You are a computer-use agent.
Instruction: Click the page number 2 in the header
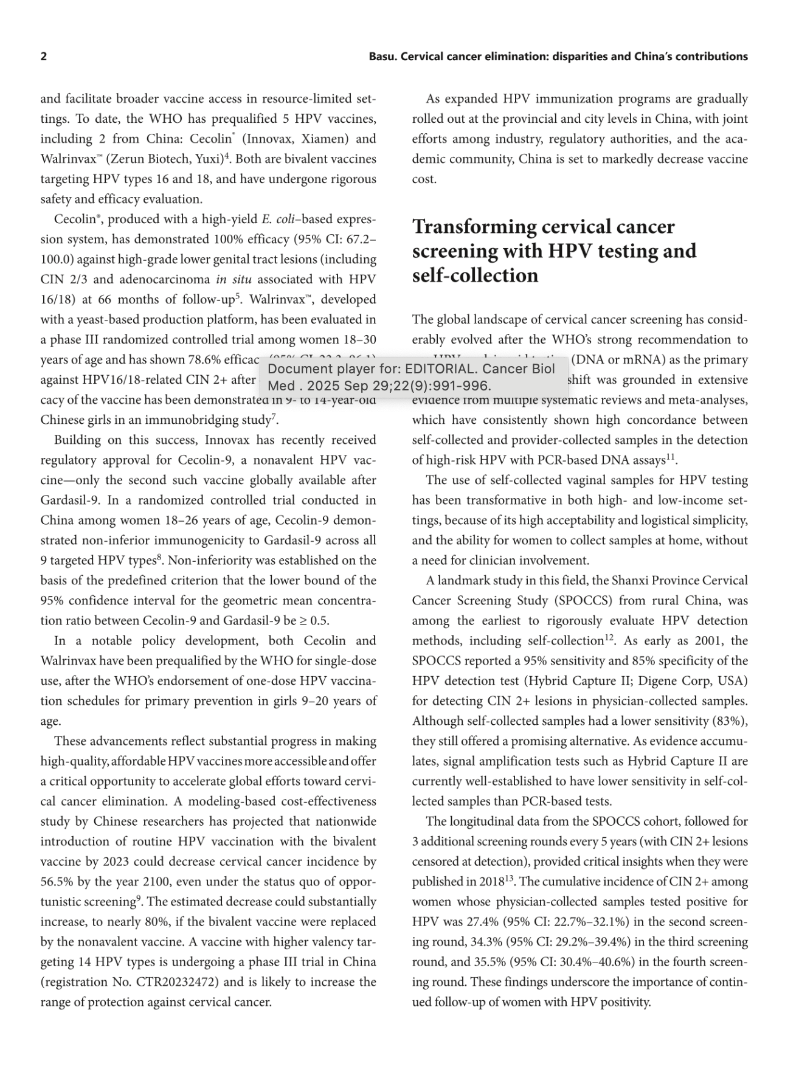[x=44, y=57]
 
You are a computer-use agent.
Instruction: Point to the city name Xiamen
[x=328, y=139]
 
